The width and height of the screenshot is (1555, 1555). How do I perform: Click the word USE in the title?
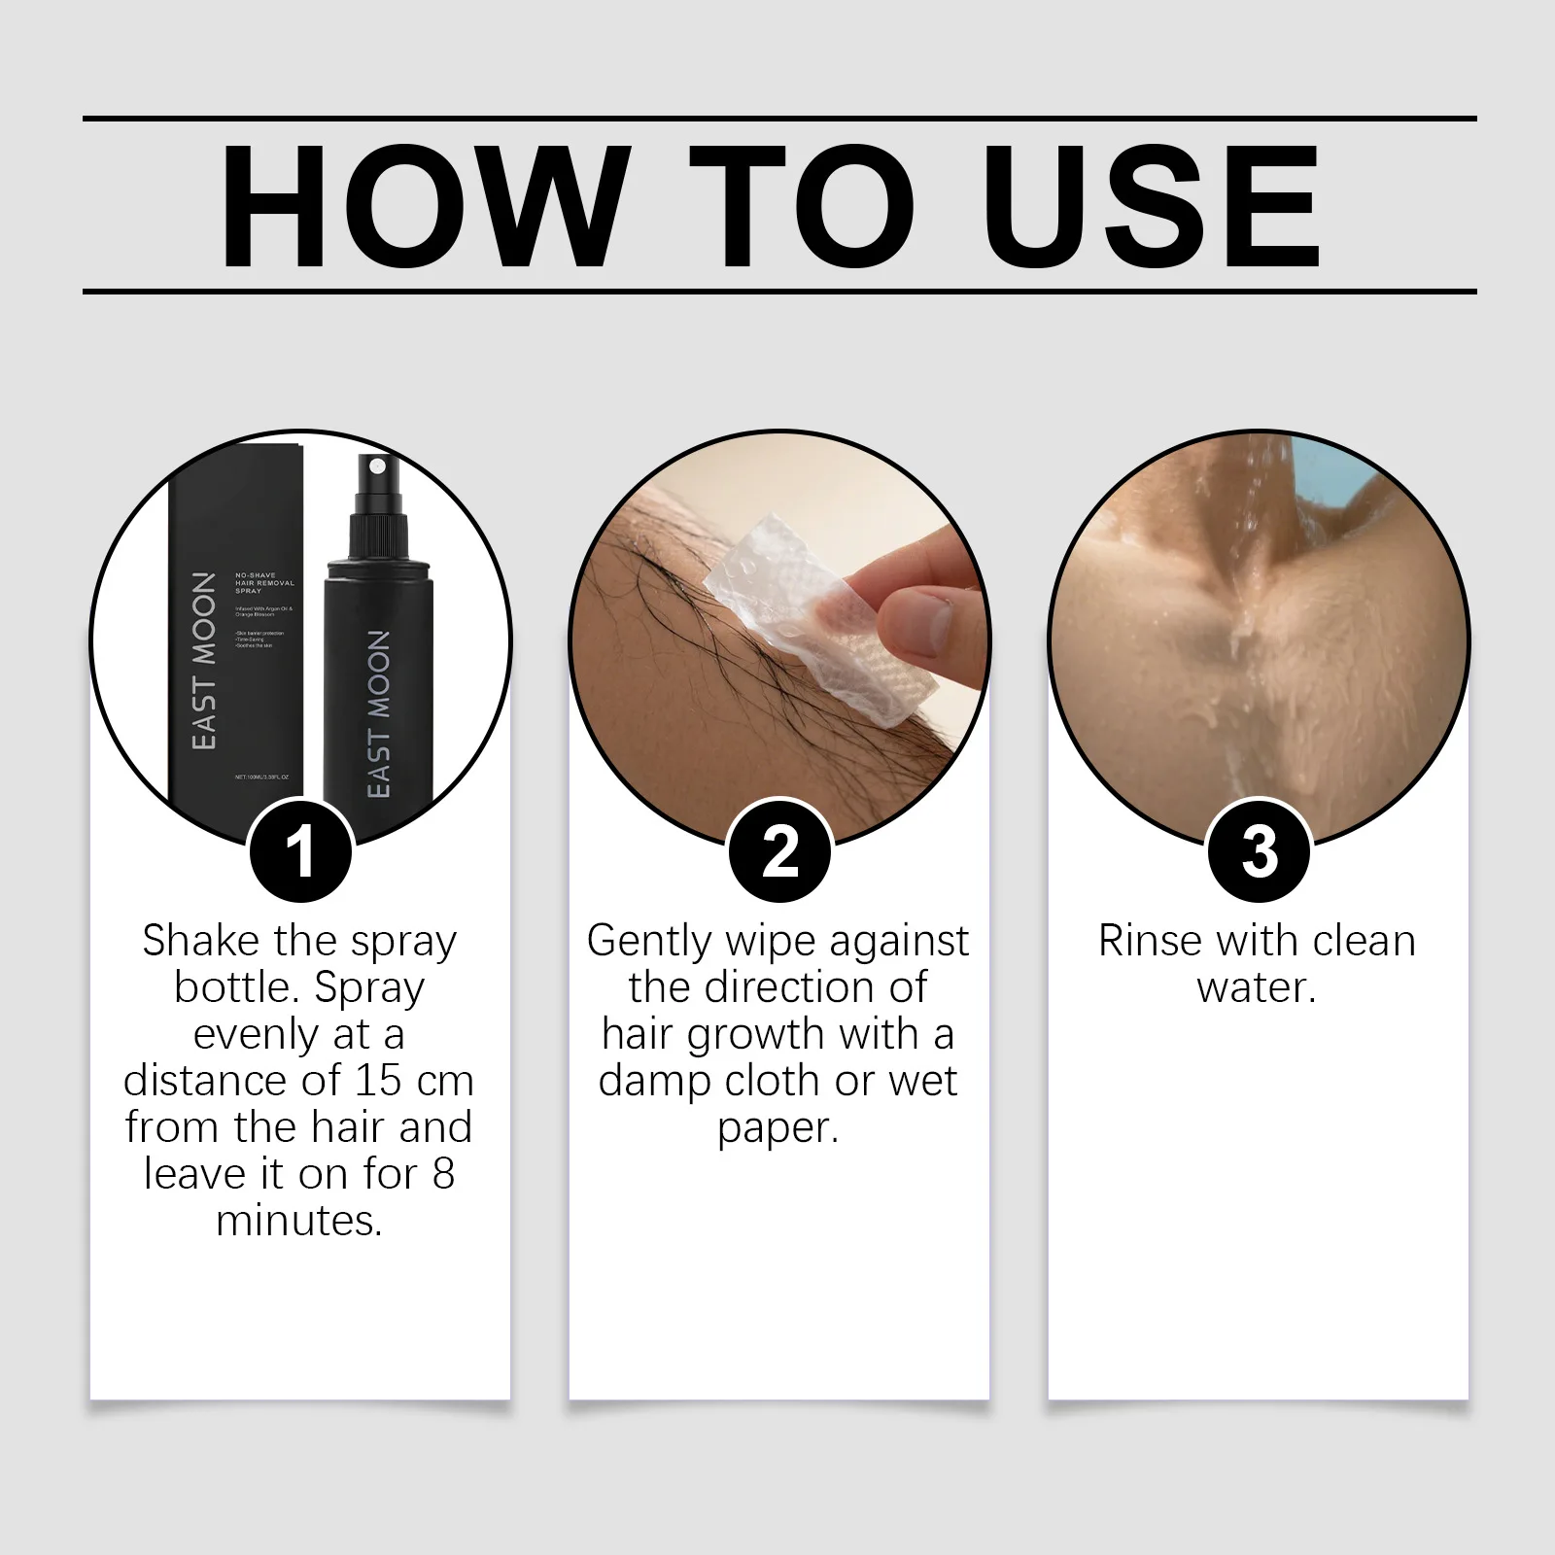1157,206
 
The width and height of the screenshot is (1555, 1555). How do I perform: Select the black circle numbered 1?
300,850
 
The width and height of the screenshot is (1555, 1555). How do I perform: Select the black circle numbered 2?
779,850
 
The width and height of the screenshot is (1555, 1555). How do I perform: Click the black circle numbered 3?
1260,850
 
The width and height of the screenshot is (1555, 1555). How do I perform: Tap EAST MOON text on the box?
203,661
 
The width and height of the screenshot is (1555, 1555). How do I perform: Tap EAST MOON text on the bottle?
379,714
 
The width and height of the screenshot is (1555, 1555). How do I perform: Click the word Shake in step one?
200,941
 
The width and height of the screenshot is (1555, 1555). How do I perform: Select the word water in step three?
1254,987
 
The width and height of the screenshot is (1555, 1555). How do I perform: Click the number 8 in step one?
443,1174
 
